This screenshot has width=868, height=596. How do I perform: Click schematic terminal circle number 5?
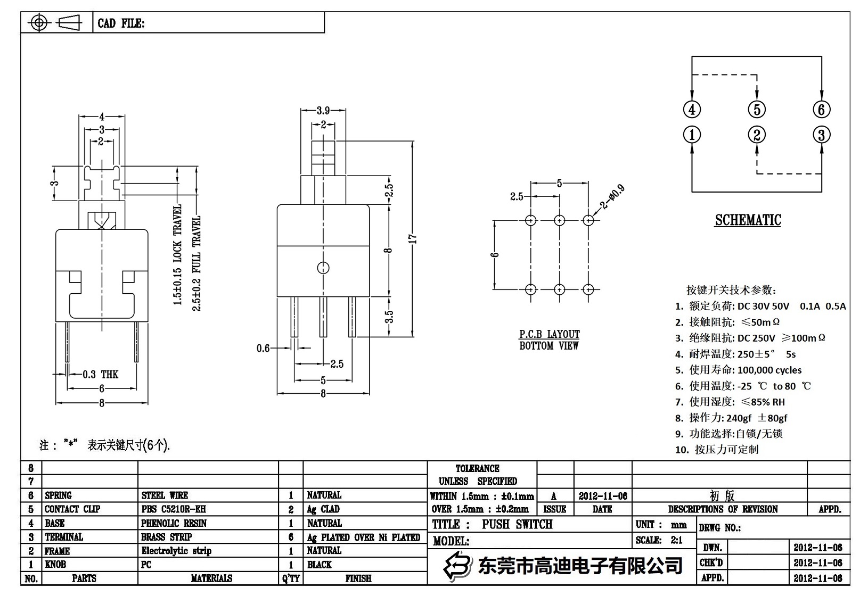tap(756, 110)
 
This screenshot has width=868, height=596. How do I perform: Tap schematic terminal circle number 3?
tap(821, 135)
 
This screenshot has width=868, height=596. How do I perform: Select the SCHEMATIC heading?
tap(748, 220)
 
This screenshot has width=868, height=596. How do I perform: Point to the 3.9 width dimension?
tap(323, 111)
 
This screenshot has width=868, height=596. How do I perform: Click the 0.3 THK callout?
tap(101, 375)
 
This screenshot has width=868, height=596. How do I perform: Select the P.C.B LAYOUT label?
tap(549, 334)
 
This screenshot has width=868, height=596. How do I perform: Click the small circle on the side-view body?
tap(323, 268)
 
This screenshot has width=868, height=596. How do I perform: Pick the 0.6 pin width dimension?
tap(263, 349)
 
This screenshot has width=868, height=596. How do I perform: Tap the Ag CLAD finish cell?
tap(323, 509)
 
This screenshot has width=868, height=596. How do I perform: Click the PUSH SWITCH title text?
tap(517, 524)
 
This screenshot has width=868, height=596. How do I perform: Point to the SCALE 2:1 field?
tap(659, 540)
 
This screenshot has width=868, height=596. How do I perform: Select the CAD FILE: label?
tap(121, 23)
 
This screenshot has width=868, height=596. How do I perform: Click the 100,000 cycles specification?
tap(769, 370)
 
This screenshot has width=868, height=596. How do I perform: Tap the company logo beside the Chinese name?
tap(458, 565)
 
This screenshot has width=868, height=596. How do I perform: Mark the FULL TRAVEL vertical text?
tap(197, 263)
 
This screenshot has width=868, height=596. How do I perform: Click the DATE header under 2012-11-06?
tap(602, 509)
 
